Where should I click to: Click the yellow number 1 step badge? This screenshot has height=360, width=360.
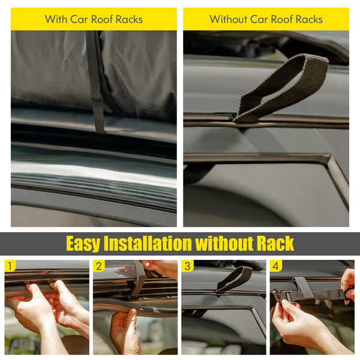tap(10, 266)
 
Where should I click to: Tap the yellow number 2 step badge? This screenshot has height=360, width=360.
tap(99, 266)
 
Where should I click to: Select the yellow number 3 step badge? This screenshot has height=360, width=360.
tap(187, 266)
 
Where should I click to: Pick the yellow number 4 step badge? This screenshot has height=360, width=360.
tap(275, 266)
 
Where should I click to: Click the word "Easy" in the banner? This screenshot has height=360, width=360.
tap(83, 244)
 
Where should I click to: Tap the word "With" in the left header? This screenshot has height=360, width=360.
tap(56, 19)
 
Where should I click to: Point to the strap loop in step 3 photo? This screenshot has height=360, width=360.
tap(234, 279)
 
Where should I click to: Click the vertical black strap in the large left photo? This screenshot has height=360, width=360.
tap(96, 81)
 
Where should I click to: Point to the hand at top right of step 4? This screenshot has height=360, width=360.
tap(348, 282)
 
